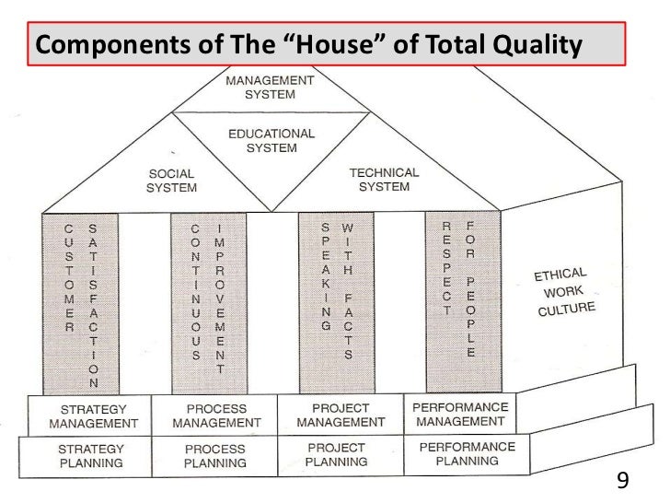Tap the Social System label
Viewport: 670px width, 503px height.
coord(172,181)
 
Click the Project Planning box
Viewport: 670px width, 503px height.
coord(337,453)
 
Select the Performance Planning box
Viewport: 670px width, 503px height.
coord(466,451)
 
